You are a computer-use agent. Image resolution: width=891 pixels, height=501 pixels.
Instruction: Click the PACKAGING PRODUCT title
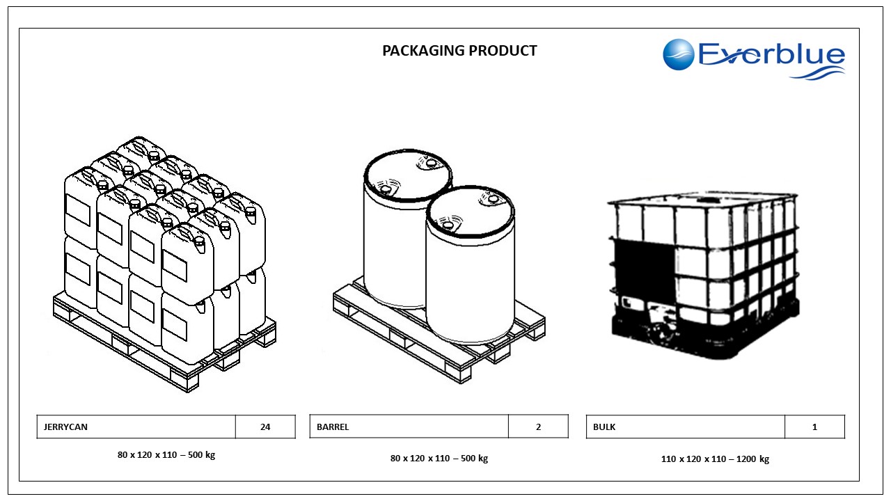[459, 51]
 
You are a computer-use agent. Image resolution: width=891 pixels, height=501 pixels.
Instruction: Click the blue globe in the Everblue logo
[679, 55]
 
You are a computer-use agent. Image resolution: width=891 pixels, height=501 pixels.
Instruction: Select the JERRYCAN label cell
[136, 427]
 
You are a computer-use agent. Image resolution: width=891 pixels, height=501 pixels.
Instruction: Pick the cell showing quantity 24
[265, 427]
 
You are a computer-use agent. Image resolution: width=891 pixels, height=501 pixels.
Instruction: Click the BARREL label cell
[409, 427]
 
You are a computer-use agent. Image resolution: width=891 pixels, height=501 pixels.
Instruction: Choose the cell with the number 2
[538, 427]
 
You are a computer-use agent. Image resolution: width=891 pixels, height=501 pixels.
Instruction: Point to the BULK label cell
[685, 427]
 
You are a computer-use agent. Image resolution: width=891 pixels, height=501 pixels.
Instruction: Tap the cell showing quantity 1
[814, 427]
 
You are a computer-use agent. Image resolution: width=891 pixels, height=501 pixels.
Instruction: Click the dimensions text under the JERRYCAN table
[166, 455]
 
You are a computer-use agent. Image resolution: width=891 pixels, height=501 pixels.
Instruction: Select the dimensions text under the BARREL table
[439, 458]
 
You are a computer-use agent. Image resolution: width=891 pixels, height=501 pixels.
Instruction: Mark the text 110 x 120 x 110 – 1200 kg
[715, 459]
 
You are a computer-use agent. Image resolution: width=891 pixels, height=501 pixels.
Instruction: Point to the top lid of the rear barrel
[407, 174]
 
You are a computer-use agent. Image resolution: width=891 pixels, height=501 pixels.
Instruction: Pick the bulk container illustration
[703, 268]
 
